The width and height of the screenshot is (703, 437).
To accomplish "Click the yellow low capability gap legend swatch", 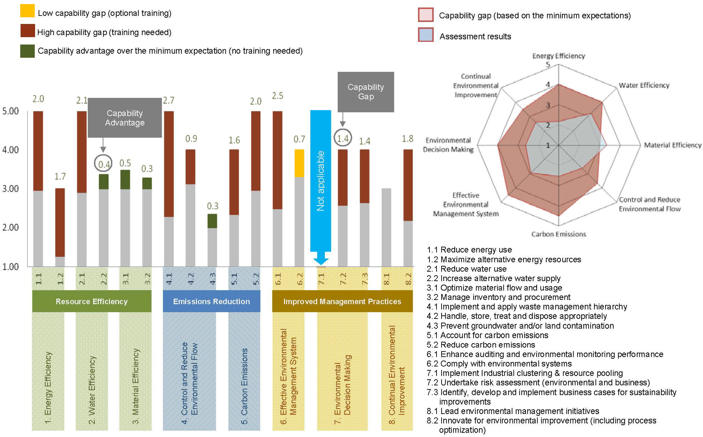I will pyautogui.click(x=27, y=11).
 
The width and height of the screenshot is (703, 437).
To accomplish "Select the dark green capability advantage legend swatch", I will pyautogui.click(x=27, y=51).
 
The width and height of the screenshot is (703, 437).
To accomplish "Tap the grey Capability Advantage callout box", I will pyautogui.click(x=124, y=118).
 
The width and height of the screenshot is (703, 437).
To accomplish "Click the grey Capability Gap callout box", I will pyautogui.click(x=366, y=92).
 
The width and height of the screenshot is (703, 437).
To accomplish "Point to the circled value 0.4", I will pyautogui.click(x=104, y=164).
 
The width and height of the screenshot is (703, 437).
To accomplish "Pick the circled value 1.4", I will pyautogui.click(x=343, y=138).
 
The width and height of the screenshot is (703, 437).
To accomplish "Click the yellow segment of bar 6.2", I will pyautogui.click(x=299, y=163).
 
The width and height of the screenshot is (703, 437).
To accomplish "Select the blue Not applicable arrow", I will pyautogui.click(x=320, y=182).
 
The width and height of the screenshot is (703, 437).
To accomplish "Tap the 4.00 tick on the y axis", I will pyautogui.click(x=10, y=150).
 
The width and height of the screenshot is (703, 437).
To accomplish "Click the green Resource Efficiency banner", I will pyautogui.click(x=92, y=301).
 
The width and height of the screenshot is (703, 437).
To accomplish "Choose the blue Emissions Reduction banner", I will pyautogui.click(x=212, y=301).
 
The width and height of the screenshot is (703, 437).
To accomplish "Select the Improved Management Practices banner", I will pyautogui.click(x=342, y=301).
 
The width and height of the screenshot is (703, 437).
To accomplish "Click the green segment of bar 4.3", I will pyautogui.click(x=212, y=221).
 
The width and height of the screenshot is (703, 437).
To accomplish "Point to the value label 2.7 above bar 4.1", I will pyautogui.click(x=169, y=100).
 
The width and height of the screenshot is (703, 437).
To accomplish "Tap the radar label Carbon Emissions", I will pyautogui.click(x=559, y=234).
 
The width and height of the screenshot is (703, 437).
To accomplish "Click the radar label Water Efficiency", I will pyautogui.click(x=644, y=85).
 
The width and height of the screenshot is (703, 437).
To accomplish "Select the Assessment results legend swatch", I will pyautogui.click(x=426, y=35).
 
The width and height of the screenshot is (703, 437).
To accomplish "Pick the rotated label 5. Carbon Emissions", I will pyautogui.click(x=244, y=386).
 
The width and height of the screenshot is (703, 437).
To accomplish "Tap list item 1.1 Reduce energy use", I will pyautogui.click(x=469, y=250).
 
